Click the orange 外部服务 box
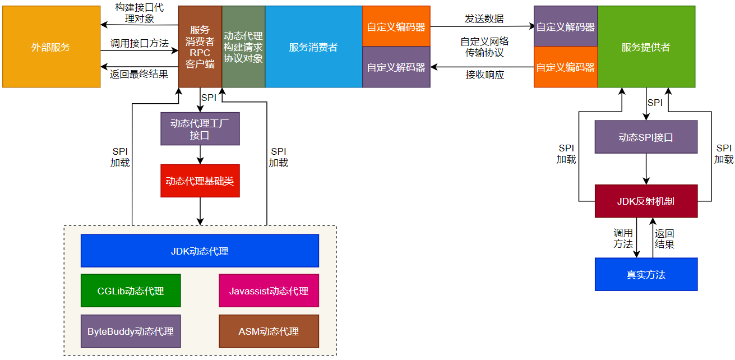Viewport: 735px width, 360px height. click(51, 47)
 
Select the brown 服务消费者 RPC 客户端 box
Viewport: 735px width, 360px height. click(200, 47)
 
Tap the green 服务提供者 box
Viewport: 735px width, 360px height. click(646, 47)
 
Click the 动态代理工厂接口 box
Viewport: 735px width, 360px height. click(200, 129)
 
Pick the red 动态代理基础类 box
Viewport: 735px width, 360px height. click(200, 181)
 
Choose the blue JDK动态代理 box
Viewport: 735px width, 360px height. click(200, 251)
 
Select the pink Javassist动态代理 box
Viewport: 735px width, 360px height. click(269, 290)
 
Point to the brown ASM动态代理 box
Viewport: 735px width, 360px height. click(269, 331)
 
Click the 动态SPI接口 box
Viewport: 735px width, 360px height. click(646, 137)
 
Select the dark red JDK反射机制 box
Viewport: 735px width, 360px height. click(646, 201)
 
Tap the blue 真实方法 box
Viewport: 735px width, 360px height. click(646, 274)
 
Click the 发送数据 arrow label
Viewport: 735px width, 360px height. click(484, 19)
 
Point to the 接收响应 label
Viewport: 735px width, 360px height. click(484, 75)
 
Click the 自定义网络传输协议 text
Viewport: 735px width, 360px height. click(484, 47)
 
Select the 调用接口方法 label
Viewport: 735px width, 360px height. click(139, 43)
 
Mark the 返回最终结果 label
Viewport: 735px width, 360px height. click(139, 74)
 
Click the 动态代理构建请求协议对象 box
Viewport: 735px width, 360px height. click(243, 47)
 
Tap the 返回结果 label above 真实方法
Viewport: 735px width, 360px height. click(665, 238)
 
